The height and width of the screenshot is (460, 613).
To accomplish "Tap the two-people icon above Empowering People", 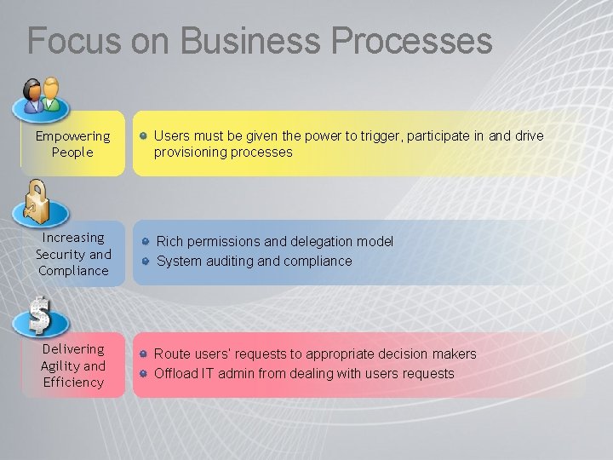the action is tap(41, 96).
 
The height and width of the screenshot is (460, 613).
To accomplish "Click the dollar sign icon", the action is tap(39, 314).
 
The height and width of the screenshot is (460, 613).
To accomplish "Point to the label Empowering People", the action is tap(72, 144).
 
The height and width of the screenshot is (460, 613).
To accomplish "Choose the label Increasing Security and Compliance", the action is tap(73, 254).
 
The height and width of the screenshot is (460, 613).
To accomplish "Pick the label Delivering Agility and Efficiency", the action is tap(73, 365).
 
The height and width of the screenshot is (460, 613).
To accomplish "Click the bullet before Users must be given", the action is tap(146, 135).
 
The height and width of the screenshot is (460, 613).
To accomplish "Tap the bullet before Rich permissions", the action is tap(146, 242).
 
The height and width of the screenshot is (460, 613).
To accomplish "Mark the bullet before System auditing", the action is tap(146, 261).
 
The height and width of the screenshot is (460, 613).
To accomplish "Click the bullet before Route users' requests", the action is tap(145, 354).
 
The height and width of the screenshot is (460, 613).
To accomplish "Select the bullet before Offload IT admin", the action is tap(145, 373).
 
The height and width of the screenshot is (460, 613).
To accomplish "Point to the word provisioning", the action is tap(190, 152).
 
